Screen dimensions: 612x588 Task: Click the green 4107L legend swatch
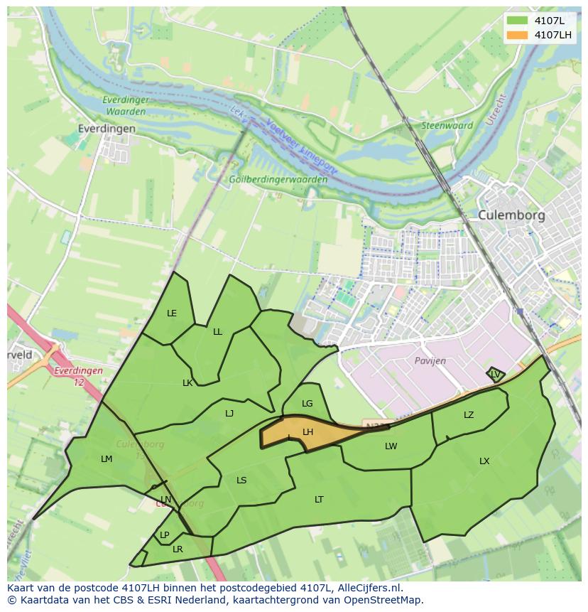pos(518,21)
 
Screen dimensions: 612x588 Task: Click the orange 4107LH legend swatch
pos(518,35)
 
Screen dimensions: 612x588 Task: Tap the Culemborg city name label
pos(511,215)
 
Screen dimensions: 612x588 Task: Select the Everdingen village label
pos(107,129)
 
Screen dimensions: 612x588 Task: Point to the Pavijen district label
pos(430,360)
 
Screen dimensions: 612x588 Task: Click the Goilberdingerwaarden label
pos(278,180)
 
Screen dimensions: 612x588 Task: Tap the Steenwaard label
pos(447,126)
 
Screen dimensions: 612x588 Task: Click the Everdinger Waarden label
pos(125,106)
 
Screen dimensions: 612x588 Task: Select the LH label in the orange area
pos(307,432)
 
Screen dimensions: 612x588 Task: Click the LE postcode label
pos(172,313)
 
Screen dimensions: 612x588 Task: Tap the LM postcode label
pos(107,459)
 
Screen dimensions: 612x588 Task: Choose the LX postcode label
pos(484,461)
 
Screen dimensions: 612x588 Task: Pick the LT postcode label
pos(319,500)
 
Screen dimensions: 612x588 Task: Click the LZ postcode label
pos(469,415)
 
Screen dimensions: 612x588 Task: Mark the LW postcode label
pos(391,446)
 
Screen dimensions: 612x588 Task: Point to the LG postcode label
pos(307,404)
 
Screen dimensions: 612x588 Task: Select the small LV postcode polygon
pos(495,374)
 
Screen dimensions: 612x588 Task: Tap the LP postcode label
pos(164,535)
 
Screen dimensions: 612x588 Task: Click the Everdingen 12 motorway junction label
pos(78,376)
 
